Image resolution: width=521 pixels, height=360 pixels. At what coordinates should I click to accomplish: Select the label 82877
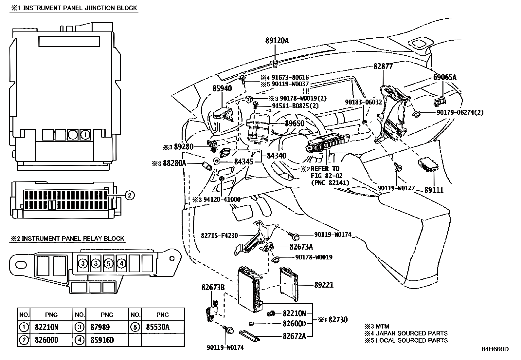[x=383, y=66]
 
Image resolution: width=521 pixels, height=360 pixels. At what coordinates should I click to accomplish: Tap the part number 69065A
[x=444, y=78]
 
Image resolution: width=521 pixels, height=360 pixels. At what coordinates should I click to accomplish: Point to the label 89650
[x=295, y=123]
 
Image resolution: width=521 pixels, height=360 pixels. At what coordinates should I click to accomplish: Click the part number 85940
[x=222, y=88]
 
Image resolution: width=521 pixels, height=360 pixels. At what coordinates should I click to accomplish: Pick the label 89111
[x=434, y=190]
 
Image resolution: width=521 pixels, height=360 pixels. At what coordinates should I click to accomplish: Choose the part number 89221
[x=324, y=285]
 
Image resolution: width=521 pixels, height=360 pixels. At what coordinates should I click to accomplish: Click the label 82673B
[x=213, y=288]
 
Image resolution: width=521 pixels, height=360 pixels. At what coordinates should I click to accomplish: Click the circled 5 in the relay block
[x=109, y=263]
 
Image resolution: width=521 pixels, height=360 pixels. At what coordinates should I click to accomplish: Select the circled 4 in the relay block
[x=121, y=263]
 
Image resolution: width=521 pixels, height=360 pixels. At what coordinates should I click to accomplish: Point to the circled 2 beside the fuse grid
[x=129, y=195]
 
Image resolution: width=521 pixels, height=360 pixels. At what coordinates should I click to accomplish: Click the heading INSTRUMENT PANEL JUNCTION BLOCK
[x=80, y=8]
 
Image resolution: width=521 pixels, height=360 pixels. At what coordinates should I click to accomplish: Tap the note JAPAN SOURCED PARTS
[x=411, y=333]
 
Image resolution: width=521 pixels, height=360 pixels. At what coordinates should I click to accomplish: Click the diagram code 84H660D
[x=495, y=349]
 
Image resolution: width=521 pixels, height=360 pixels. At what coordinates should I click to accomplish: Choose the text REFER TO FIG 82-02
[x=325, y=172]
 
